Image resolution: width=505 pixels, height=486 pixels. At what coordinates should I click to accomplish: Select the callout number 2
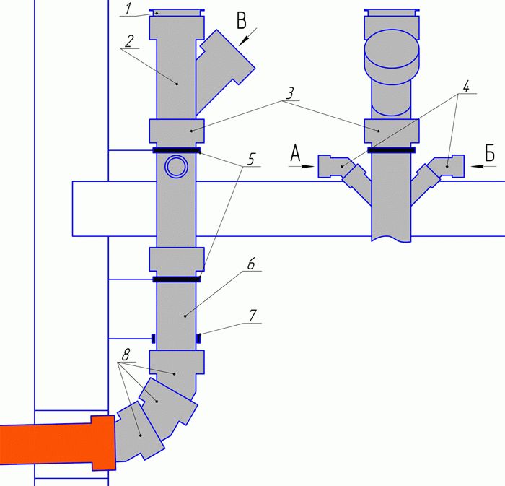(x=129, y=40)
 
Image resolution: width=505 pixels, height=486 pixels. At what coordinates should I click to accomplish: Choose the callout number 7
(x=252, y=316)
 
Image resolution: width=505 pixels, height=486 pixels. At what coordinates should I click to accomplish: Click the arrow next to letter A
(x=302, y=166)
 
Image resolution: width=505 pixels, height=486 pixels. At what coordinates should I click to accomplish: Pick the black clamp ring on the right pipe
(x=392, y=151)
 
